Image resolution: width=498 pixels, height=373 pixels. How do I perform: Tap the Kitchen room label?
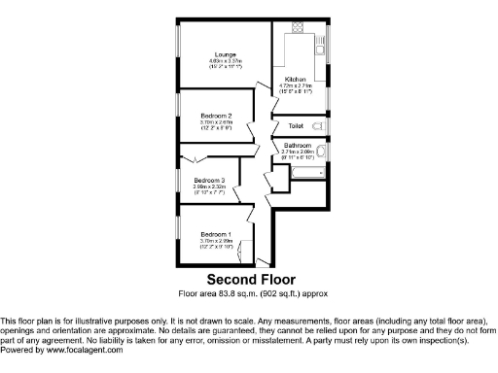pyautogui.click(x=296, y=79)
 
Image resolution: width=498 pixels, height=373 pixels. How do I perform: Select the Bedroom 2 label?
pyautogui.click(x=215, y=115)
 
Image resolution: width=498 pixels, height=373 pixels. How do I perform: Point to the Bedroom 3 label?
pyautogui.click(x=209, y=181)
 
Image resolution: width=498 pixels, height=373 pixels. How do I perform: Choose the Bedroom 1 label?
pyautogui.click(x=215, y=235)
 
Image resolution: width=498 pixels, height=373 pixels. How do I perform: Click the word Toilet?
pyautogui.click(x=297, y=126)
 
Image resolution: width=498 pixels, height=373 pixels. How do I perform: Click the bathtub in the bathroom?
pyautogui.click(x=307, y=172)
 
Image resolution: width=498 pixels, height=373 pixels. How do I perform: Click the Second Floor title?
pyautogui.click(x=248, y=280)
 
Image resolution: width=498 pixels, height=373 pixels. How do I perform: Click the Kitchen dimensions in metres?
pyautogui.click(x=296, y=85)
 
